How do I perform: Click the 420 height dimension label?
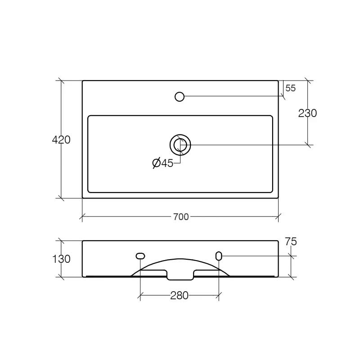(61, 140)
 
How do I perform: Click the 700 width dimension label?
(181, 217)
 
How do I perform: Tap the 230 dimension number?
(307, 113)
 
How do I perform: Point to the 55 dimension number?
(290, 88)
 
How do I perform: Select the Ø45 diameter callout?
(163, 163)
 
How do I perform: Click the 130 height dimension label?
(61, 259)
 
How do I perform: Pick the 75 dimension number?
(291, 242)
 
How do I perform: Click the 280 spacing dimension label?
(179, 296)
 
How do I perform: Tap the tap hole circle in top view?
(180, 97)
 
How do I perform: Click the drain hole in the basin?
(180, 145)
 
